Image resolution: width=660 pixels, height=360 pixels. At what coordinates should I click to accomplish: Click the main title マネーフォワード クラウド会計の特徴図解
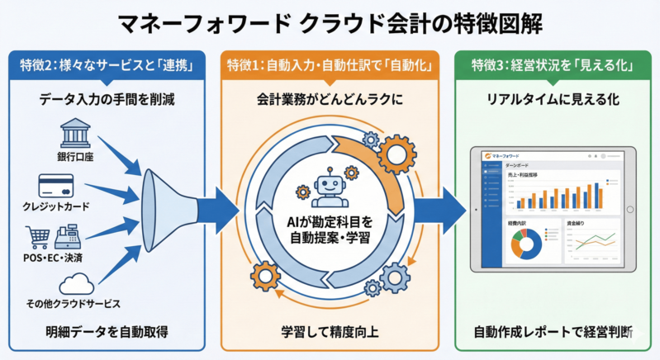(330, 23)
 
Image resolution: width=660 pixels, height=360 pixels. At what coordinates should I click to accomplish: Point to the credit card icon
(58, 185)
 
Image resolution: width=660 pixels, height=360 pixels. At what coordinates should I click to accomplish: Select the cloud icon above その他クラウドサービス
(75, 284)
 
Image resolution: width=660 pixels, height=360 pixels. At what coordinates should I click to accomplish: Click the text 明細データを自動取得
(107, 333)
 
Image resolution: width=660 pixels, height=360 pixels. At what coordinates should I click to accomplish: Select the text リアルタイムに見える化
(548, 100)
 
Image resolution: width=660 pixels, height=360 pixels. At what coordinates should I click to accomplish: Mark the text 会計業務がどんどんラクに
(329, 100)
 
